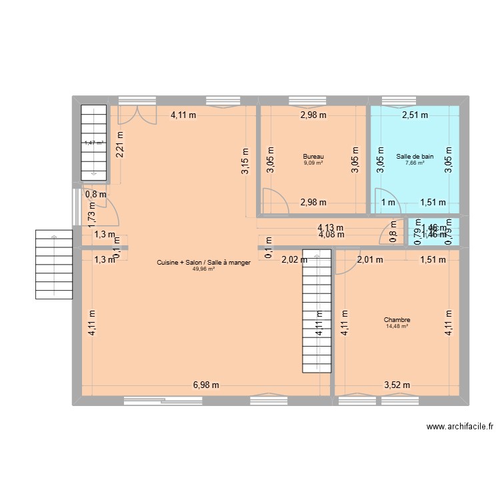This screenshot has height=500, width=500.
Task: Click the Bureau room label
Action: (313, 156)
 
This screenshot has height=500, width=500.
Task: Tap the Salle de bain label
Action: (415, 156)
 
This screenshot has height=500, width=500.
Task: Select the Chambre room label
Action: (397, 319)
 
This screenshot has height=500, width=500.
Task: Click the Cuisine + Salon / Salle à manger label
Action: (203, 263)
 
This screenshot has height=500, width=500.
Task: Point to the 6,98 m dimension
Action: (206, 385)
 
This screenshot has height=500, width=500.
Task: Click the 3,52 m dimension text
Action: (397, 385)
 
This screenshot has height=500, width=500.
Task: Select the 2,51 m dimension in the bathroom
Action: (415, 115)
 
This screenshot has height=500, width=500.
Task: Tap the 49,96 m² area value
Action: (203, 269)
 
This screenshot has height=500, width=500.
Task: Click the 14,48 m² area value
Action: (397, 326)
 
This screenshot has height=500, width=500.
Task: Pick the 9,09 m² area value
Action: (313, 162)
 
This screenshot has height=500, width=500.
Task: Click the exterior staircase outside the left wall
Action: (54, 264)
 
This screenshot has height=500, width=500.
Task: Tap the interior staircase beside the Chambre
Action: (317, 311)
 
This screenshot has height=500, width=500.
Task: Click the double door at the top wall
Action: (137, 115)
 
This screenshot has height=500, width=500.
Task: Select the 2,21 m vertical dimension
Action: (120, 146)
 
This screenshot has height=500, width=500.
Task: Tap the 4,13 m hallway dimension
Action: (331, 227)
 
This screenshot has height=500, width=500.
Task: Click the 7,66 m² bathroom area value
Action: (415, 162)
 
